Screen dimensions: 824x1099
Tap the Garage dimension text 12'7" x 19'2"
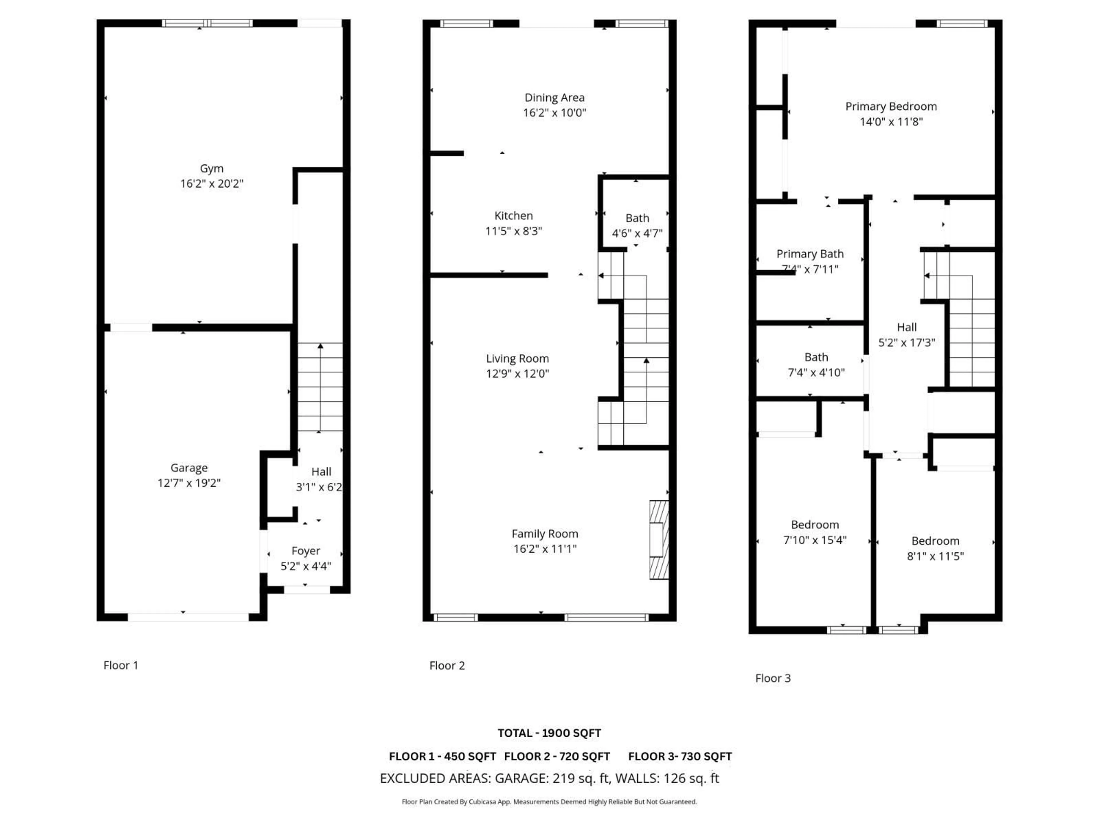(x=189, y=483)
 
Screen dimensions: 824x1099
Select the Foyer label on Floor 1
(x=306, y=551)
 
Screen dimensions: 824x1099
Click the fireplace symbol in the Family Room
(x=659, y=540)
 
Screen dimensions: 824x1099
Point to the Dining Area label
(x=554, y=98)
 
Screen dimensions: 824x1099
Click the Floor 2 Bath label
(x=637, y=218)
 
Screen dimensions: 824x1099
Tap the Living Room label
(x=517, y=358)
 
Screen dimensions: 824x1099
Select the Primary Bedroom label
(x=891, y=106)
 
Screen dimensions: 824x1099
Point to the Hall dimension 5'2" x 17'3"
(x=907, y=342)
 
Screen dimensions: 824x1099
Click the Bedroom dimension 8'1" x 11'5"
(x=935, y=556)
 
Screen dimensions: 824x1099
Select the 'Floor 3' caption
(x=772, y=678)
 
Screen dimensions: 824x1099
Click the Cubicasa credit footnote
(x=549, y=802)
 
